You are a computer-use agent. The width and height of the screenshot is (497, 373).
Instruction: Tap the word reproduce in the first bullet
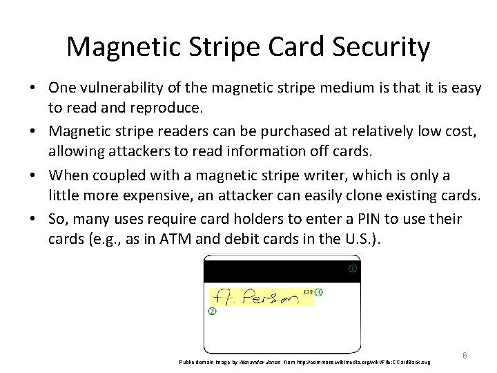(166, 108)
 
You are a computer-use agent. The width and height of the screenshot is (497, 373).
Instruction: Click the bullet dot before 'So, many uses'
(33, 220)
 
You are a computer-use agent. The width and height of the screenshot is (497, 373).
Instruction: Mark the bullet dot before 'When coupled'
(33, 176)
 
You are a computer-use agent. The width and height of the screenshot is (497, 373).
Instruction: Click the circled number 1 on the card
(353, 269)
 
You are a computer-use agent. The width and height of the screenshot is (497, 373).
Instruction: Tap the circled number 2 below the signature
(212, 312)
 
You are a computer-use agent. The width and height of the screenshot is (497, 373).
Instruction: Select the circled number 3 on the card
(318, 292)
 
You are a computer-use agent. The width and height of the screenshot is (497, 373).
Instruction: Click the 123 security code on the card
(308, 292)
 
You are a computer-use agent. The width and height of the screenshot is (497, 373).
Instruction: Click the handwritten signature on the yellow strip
(255, 298)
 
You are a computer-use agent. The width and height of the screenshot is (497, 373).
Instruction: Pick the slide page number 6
(465, 355)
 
